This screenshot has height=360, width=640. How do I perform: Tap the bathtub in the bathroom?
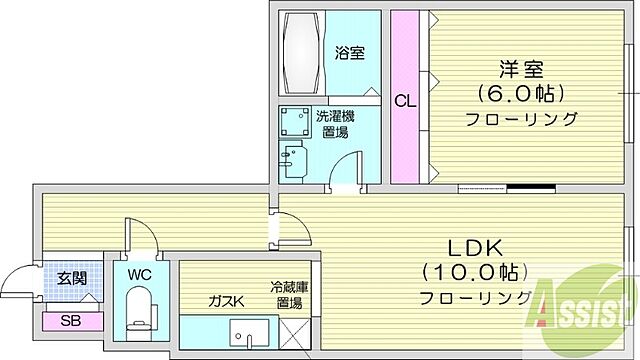[300, 52]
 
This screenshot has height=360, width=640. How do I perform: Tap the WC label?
[139, 273]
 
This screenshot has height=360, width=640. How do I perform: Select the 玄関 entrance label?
[55, 278]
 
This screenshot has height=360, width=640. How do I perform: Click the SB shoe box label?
[70, 321]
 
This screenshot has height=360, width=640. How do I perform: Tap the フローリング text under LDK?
[475, 298]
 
